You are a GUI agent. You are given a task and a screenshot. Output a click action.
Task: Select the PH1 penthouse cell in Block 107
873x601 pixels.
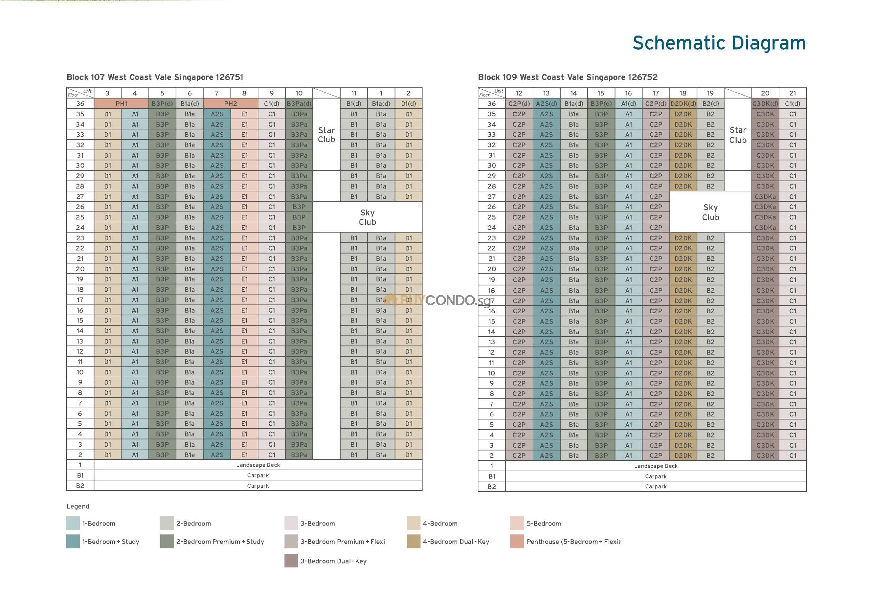coord(121,103)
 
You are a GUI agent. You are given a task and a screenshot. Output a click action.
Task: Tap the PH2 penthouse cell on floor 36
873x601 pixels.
coord(230,103)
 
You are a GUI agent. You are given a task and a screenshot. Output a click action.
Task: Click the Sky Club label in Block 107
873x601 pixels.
coord(367,217)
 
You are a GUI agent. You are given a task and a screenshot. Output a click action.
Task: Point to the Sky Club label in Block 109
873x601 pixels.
coord(710,212)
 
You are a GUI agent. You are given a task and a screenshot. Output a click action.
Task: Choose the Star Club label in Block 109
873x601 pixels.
coord(738,135)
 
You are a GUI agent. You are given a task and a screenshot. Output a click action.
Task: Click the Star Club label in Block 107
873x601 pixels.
coord(326,135)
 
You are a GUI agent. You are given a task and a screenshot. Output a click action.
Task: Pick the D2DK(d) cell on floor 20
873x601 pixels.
coord(683,269)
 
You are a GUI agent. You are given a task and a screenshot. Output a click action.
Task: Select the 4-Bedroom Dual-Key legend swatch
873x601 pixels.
coord(413,542)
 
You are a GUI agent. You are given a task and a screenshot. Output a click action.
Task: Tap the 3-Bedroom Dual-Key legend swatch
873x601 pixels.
coord(291,561)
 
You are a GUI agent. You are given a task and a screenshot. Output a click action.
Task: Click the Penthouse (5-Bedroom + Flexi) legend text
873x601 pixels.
coord(573,542)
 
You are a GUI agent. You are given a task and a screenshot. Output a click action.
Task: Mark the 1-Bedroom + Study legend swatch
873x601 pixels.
coord(73,542)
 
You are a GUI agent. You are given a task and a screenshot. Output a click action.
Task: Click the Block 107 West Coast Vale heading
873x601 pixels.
coord(155,77)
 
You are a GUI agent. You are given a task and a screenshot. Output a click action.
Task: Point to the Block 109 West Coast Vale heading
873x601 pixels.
coord(567,77)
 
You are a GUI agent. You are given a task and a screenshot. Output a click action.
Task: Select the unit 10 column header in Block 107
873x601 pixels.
coord(299,93)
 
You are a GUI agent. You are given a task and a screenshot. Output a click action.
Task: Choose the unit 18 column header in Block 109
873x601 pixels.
coord(683,93)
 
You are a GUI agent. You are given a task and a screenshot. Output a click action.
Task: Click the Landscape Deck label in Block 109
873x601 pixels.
coord(655,466)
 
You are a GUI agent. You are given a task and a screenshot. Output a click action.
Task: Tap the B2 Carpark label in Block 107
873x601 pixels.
coord(258,486)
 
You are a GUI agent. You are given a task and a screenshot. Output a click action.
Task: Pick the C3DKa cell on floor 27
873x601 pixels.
coord(765,197)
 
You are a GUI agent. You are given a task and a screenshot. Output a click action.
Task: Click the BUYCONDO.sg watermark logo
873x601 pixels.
coord(439,300)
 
